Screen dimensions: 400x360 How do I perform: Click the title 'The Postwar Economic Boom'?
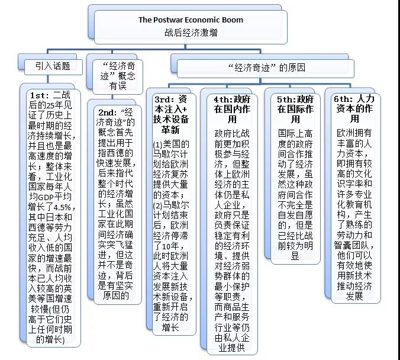(x=191, y=20)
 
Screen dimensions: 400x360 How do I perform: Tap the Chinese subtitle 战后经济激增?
(x=191, y=33)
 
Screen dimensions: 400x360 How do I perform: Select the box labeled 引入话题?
(x=53, y=67)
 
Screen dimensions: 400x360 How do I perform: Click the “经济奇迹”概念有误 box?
(x=118, y=76)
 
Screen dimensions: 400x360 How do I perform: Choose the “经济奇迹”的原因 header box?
(x=266, y=69)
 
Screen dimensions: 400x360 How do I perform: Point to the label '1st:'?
(x=40, y=95)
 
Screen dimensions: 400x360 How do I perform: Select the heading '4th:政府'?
(x=232, y=99)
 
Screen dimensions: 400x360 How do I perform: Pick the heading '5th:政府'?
(x=295, y=99)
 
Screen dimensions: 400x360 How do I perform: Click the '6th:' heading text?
(x=343, y=99)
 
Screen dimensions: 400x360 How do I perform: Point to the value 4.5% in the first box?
(x=62, y=207)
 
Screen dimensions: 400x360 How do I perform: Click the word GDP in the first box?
(x=46, y=197)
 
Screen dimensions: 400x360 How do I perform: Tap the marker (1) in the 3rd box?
(x=158, y=144)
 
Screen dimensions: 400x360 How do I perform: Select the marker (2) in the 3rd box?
(x=158, y=206)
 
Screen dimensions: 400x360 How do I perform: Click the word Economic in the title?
(x=199, y=20)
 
